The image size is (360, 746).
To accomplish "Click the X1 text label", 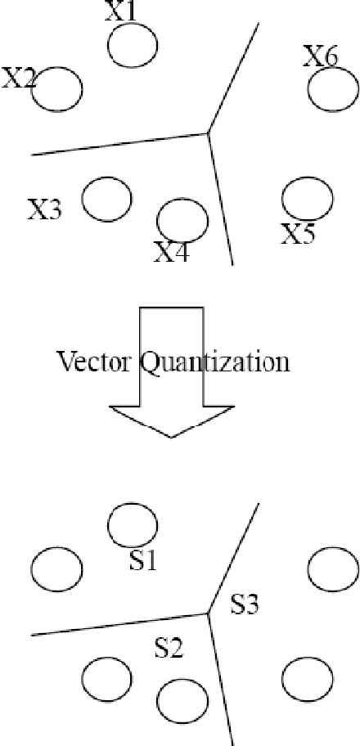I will tap(121, 11).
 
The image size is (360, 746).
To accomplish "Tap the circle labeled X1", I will tap(133, 45).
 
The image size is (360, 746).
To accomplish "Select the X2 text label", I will tap(18, 79).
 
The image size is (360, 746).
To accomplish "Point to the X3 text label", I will tap(45, 209).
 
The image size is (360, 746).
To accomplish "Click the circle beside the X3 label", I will tap(107, 199).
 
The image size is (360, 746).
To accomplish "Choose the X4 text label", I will tap(172, 252).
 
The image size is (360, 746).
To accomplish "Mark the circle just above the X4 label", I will tap(182, 218).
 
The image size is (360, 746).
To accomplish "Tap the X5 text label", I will tap(299, 234).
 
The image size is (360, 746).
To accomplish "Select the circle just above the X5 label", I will tap(307, 198).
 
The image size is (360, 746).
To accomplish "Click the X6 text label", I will tap(320, 56).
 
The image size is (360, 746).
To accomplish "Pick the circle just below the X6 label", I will tap(333, 88).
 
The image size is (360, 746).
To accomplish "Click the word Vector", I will tap(91, 361).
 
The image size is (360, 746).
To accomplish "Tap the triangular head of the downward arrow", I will tap(171, 420).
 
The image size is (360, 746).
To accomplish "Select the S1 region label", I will tap(143, 562).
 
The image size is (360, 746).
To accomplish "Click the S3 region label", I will tap(245, 604).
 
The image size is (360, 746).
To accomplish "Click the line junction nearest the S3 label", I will tap(209, 613).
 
